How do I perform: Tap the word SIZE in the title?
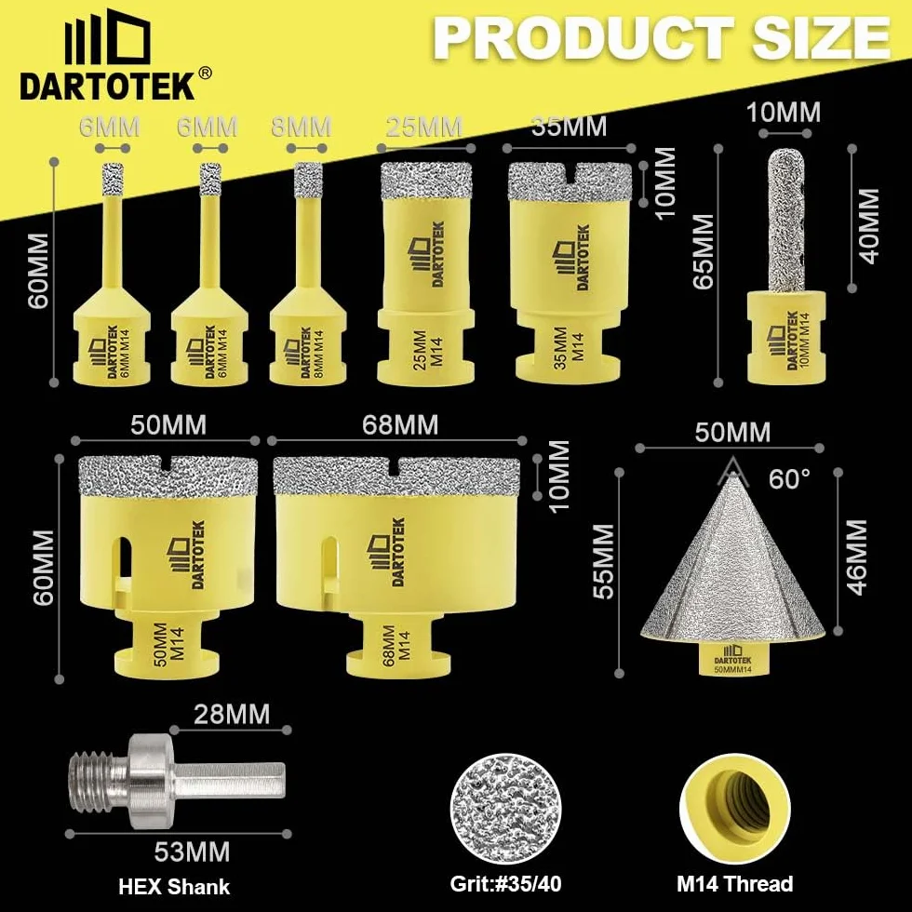822,38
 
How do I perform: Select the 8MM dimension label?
302,127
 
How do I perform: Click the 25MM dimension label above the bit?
424,127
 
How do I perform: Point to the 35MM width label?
569,127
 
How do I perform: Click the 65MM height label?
704,250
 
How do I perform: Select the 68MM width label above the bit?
399,425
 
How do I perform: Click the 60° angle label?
789,479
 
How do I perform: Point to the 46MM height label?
855,557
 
